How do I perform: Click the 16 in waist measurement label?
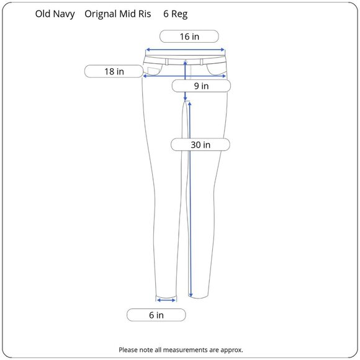(x=189, y=36)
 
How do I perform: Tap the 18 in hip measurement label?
(x=114, y=71)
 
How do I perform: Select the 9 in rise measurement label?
(x=201, y=86)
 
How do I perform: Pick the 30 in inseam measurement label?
(x=200, y=145)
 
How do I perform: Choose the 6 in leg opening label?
(x=156, y=315)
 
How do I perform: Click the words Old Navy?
(x=55, y=14)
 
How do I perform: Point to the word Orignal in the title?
(x=101, y=14)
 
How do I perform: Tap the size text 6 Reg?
(x=176, y=14)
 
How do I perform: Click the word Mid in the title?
(x=127, y=14)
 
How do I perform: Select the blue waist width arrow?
(x=186, y=50)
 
